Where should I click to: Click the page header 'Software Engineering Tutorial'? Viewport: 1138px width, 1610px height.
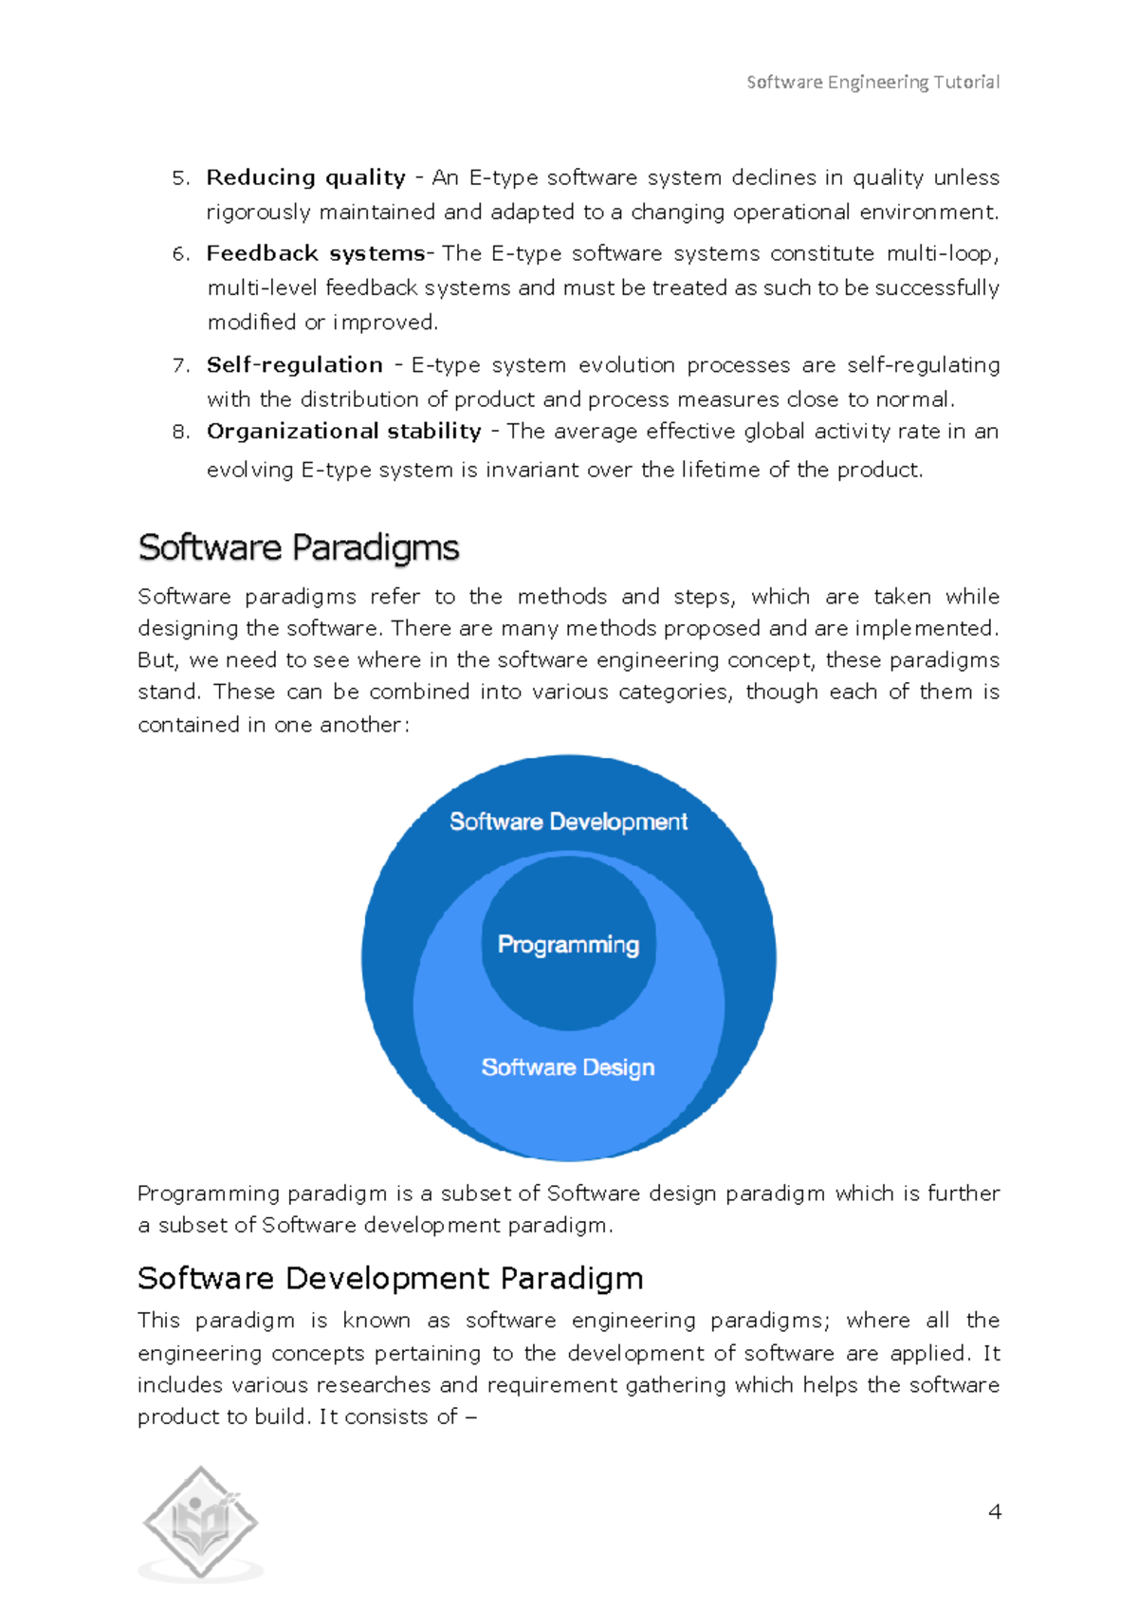coord(872,83)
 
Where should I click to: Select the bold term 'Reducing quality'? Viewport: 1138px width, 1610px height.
coord(306,177)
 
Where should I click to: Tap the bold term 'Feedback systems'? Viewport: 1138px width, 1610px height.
coord(316,253)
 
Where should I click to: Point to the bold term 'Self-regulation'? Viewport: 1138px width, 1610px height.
coord(295,365)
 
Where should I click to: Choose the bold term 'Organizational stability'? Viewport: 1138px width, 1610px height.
coord(343,432)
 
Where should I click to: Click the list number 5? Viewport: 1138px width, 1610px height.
coord(180,178)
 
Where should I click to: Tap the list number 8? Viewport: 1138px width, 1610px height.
coord(180,432)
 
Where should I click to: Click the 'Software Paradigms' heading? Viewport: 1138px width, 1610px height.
coord(298,547)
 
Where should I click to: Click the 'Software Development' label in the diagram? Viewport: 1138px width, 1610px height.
coord(568,822)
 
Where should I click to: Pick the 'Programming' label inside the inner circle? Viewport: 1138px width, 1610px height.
coord(568,944)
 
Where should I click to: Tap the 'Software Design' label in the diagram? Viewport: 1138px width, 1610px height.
coord(567,1067)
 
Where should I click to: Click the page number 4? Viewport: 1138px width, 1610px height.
coord(994,1511)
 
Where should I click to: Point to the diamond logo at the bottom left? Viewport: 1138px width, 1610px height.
coord(200,1523)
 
